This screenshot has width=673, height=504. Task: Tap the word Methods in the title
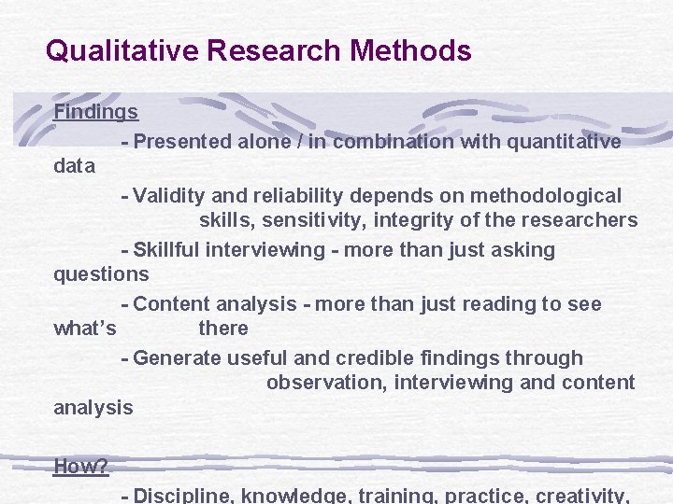tap(410, 49)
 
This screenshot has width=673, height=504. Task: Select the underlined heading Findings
tap(96, 112)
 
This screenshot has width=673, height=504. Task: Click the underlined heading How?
tap(81, 466)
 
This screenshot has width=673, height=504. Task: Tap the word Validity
tap(165, 196)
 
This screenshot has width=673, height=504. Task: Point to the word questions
tap(101, 274)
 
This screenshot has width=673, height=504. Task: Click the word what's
tap(85, 329)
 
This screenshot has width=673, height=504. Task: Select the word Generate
tap(178, 358)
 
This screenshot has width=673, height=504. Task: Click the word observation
tap(324, 383)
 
